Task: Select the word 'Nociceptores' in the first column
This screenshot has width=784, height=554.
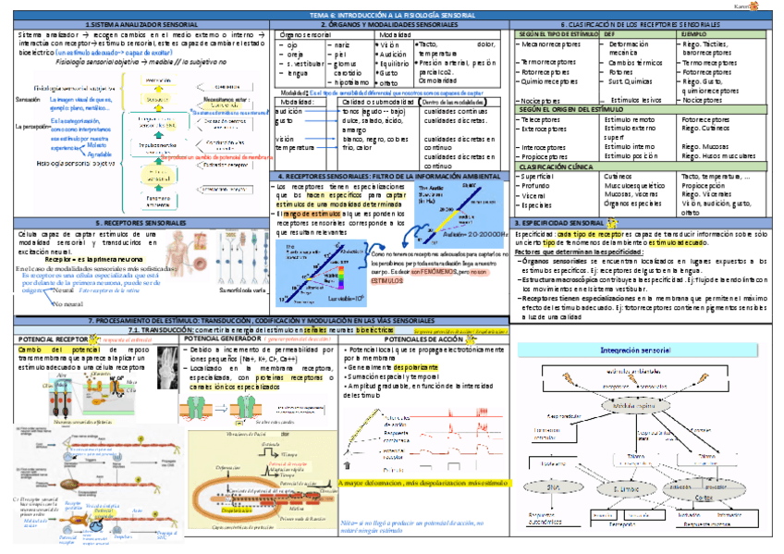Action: click(541, 99)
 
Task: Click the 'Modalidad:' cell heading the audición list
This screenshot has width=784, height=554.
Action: click(294, 101)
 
